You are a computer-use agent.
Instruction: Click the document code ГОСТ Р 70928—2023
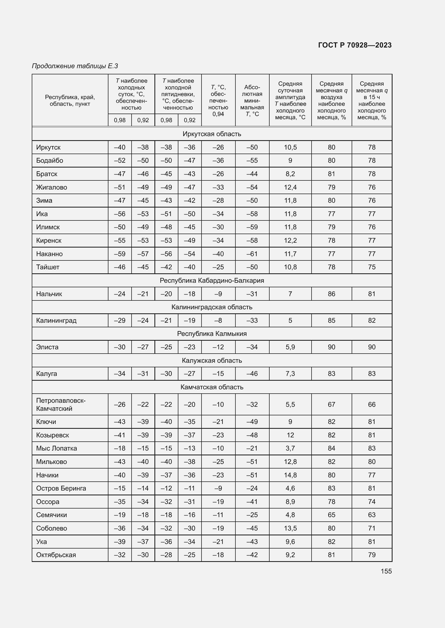click(x=355, y=45)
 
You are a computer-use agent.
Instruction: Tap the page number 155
click(x=386, y=571)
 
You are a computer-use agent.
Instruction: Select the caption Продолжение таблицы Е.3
click(x=75, y=66)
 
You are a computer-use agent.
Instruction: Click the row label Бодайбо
click(x=50, y=161)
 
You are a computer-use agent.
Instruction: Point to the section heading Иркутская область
click(x=212, y=134)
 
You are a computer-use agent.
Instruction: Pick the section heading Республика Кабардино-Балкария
click(x=212, y=280)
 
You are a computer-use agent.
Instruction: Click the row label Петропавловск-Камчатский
click(x=61, y=404)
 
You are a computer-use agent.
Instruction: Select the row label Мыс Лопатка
click(x=56, y=448)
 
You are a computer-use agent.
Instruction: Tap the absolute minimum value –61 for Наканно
click(x=252, y=254)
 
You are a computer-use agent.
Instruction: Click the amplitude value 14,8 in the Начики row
click(x=290, y=475)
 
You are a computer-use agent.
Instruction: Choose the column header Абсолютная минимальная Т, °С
click(x=252, y=100)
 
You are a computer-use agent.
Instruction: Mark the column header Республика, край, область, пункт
click(x=70, y=100)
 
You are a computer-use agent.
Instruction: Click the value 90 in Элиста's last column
click(x=372, y=347)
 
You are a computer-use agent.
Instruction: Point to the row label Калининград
click(x=56, y=320)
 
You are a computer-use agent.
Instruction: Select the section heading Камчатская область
click(x=212, y=387)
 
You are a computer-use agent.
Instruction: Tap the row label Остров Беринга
click(x=61, y=488)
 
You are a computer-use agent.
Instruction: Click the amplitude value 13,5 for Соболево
click(x=290, y=528)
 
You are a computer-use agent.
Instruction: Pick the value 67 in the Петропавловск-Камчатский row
click(x=331, y=404)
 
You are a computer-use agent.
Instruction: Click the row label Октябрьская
click(x=56, y=555)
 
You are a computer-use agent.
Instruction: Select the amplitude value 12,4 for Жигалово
click(x=290, y=187)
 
